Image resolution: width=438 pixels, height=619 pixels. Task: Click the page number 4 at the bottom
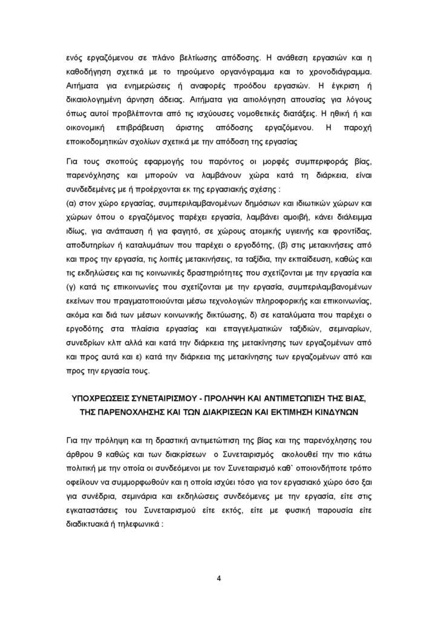click(x=219, y=578)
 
